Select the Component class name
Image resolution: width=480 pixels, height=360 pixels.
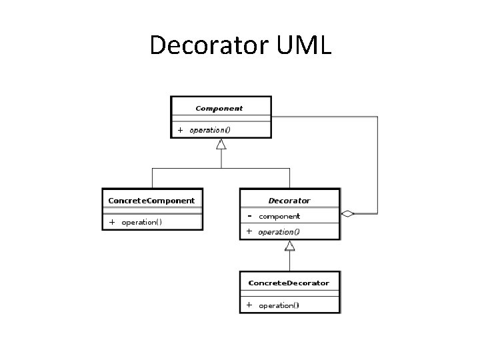click(219, 108)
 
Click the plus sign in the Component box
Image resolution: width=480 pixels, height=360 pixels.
click(180, 130)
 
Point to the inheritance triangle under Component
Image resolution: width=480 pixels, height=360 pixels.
click(221, 144)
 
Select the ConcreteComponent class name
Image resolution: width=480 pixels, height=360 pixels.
click(151, 200)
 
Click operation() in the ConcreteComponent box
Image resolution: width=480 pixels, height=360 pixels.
click(141, 222)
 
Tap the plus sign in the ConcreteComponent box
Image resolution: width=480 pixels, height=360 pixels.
click(112, 222)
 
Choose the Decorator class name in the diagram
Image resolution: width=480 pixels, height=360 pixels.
click(289, 200)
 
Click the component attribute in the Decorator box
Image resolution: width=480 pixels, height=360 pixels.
click(279, 216)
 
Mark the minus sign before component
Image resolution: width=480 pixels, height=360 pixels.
click(249, 216)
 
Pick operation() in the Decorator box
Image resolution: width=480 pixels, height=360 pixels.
click(279, 232)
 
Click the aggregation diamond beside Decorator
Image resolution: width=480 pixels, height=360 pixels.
click(347, 214)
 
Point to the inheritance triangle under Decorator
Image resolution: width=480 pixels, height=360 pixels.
click(289, 246)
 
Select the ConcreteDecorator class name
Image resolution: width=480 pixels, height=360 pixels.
click(289, 283)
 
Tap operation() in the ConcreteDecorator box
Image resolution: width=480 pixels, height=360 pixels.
click(279, 305)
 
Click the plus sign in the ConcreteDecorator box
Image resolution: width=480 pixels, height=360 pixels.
click(249, 305)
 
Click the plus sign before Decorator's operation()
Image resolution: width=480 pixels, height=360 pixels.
click(249, 232)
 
